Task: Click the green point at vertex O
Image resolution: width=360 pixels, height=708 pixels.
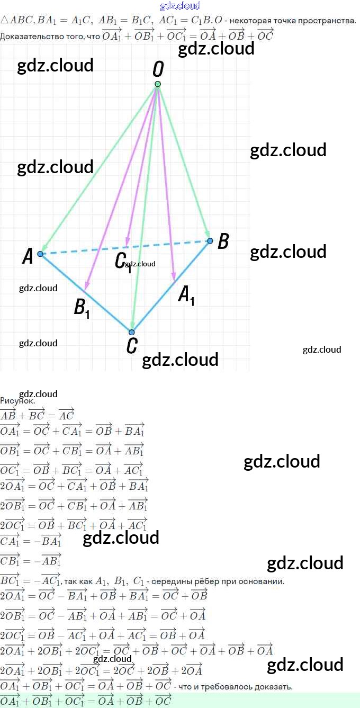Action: click(x=157, y=84)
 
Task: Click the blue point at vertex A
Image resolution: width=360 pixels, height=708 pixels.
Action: click(x=40, y=254)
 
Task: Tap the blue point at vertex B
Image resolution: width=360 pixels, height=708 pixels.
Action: click(x=210, y=241)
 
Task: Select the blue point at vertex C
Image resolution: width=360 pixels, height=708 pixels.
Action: click(x=132, y=333)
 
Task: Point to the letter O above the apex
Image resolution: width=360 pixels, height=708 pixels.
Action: click(x=158, y=69)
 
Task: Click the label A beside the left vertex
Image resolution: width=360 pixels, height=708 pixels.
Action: click(x=28, y=257)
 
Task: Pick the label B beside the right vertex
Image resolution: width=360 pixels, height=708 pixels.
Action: click(x=223, y=241)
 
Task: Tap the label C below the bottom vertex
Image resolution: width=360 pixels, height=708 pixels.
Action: click(x=132, y=346)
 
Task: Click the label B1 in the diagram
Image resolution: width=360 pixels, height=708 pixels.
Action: click(x=82, y=308)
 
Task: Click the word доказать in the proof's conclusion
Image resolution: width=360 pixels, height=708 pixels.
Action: click(x=273, y=687)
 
